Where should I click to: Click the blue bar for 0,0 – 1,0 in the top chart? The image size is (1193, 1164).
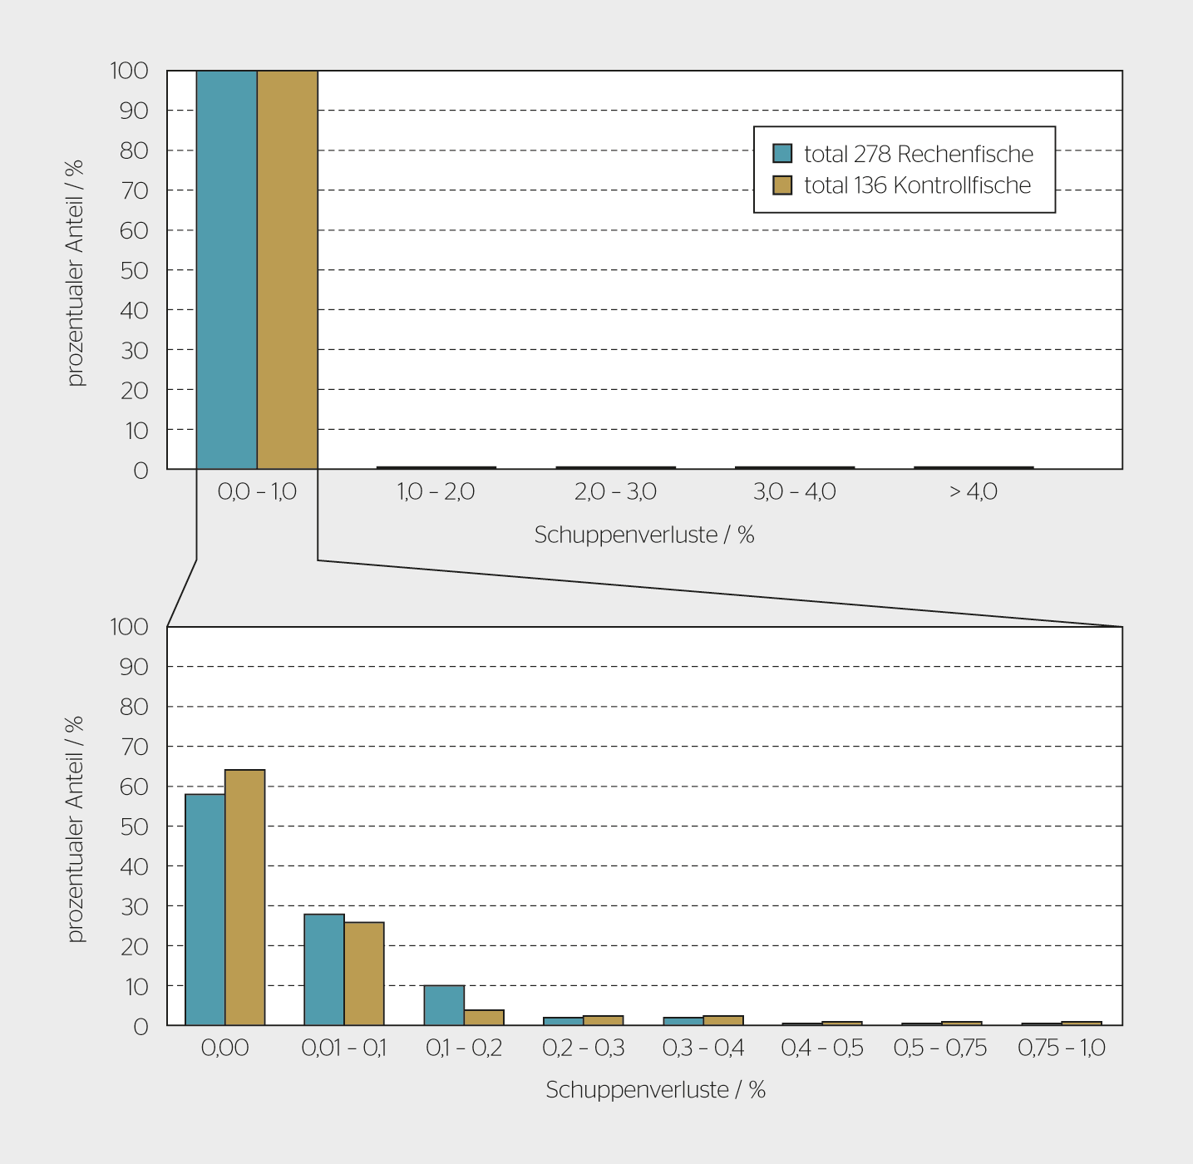click(x=226, y=270)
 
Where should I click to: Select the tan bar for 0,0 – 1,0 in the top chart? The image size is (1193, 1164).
click(x=287, y=270)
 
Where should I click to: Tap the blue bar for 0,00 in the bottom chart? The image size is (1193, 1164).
click(x=205, y=910)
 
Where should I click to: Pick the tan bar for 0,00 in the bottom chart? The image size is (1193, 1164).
click(x=244, y=898)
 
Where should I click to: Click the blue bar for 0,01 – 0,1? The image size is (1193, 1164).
click(x=324, y=969)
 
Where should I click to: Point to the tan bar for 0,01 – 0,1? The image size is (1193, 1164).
click(x=364, y=974)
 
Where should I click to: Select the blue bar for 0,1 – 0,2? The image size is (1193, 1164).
click(x=444, y=1005)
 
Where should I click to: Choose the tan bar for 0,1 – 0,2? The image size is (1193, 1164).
click(x=484, y=1018)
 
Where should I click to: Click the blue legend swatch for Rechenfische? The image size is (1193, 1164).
click(x=782, y=154)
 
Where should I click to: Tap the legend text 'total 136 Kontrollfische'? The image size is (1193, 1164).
click(x=917, y=185)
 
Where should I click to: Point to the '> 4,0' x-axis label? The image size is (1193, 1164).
click(x=973, y=492)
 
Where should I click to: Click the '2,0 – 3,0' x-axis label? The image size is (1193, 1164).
click(x=615, y=492)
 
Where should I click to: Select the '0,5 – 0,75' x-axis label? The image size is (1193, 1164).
click(x=940, y=1048)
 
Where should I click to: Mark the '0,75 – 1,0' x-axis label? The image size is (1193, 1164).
click(x=1061, y=1048)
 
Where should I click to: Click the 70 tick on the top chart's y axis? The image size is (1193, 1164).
click(x=134, y=190)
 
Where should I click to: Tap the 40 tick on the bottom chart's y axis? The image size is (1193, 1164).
click(x=134, y=866)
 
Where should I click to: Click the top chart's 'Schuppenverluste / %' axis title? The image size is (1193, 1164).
click(x=644, y=535)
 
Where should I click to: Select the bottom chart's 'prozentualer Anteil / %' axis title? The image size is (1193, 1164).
click(x=76, y=829)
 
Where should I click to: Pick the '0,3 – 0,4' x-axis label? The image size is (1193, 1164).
click(x=702, y=1048)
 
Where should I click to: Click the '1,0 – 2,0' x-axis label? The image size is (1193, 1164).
click(x=436, y=492)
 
